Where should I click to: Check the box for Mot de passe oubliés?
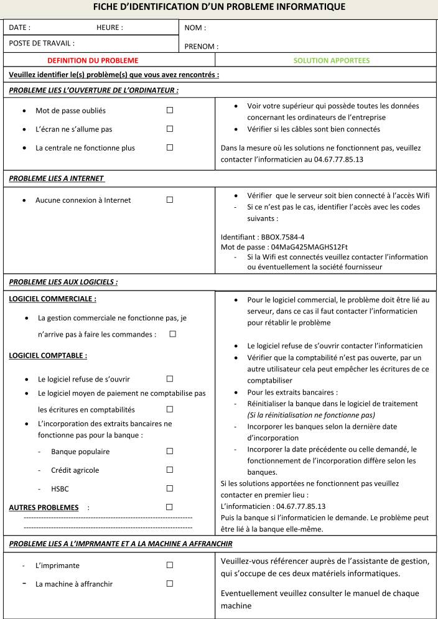tap(169, 110)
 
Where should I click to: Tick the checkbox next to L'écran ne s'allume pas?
tap(169, 129)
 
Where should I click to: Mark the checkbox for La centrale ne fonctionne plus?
tap(169, 147)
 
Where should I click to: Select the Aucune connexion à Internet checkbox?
tap(169, 200)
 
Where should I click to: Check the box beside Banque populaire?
tap(169, 451)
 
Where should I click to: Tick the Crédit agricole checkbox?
tap(169, 470)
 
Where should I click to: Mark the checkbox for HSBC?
tap(169, 488)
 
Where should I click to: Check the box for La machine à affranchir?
tap(169, 584)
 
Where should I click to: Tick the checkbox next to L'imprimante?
tap(169, 565)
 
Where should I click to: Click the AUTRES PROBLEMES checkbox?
tap(169, 507)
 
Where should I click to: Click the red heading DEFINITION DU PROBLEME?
tap(93, 60)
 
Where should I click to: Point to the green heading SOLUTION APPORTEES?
tap(332, 60)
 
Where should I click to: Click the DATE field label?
tap(20, 27)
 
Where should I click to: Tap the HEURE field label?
tap(109, 27)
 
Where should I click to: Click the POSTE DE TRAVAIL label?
tap(42, 43)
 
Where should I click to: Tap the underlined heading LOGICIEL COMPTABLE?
tap(48, 356)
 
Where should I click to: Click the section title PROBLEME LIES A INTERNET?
tap(56, 178)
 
